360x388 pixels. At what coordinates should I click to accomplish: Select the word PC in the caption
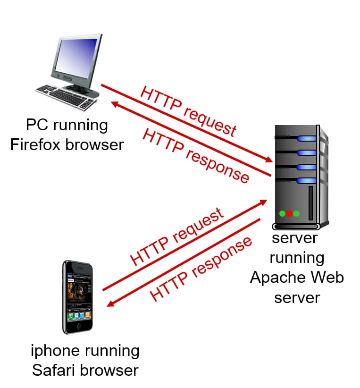[x=37, y=125]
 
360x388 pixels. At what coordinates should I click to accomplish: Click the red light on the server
[x=289, y=213]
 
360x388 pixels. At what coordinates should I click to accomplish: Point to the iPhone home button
[x=79, y=326]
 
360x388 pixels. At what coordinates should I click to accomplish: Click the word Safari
[x=54, y=371]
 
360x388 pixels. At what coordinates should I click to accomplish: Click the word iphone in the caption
[x=55, y=351]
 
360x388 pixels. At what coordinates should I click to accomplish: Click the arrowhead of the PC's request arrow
[x=268, y=160]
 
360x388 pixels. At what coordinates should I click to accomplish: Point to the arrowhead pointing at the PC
[x=115, y=104]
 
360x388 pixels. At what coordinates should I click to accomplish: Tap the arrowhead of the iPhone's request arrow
[x=263, y=202]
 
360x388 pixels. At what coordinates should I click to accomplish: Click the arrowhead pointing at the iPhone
[x=111, y=304]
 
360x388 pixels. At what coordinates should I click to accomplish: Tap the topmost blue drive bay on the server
[x=307, y=139]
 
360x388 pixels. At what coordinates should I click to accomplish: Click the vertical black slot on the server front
[x=311, y=203]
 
